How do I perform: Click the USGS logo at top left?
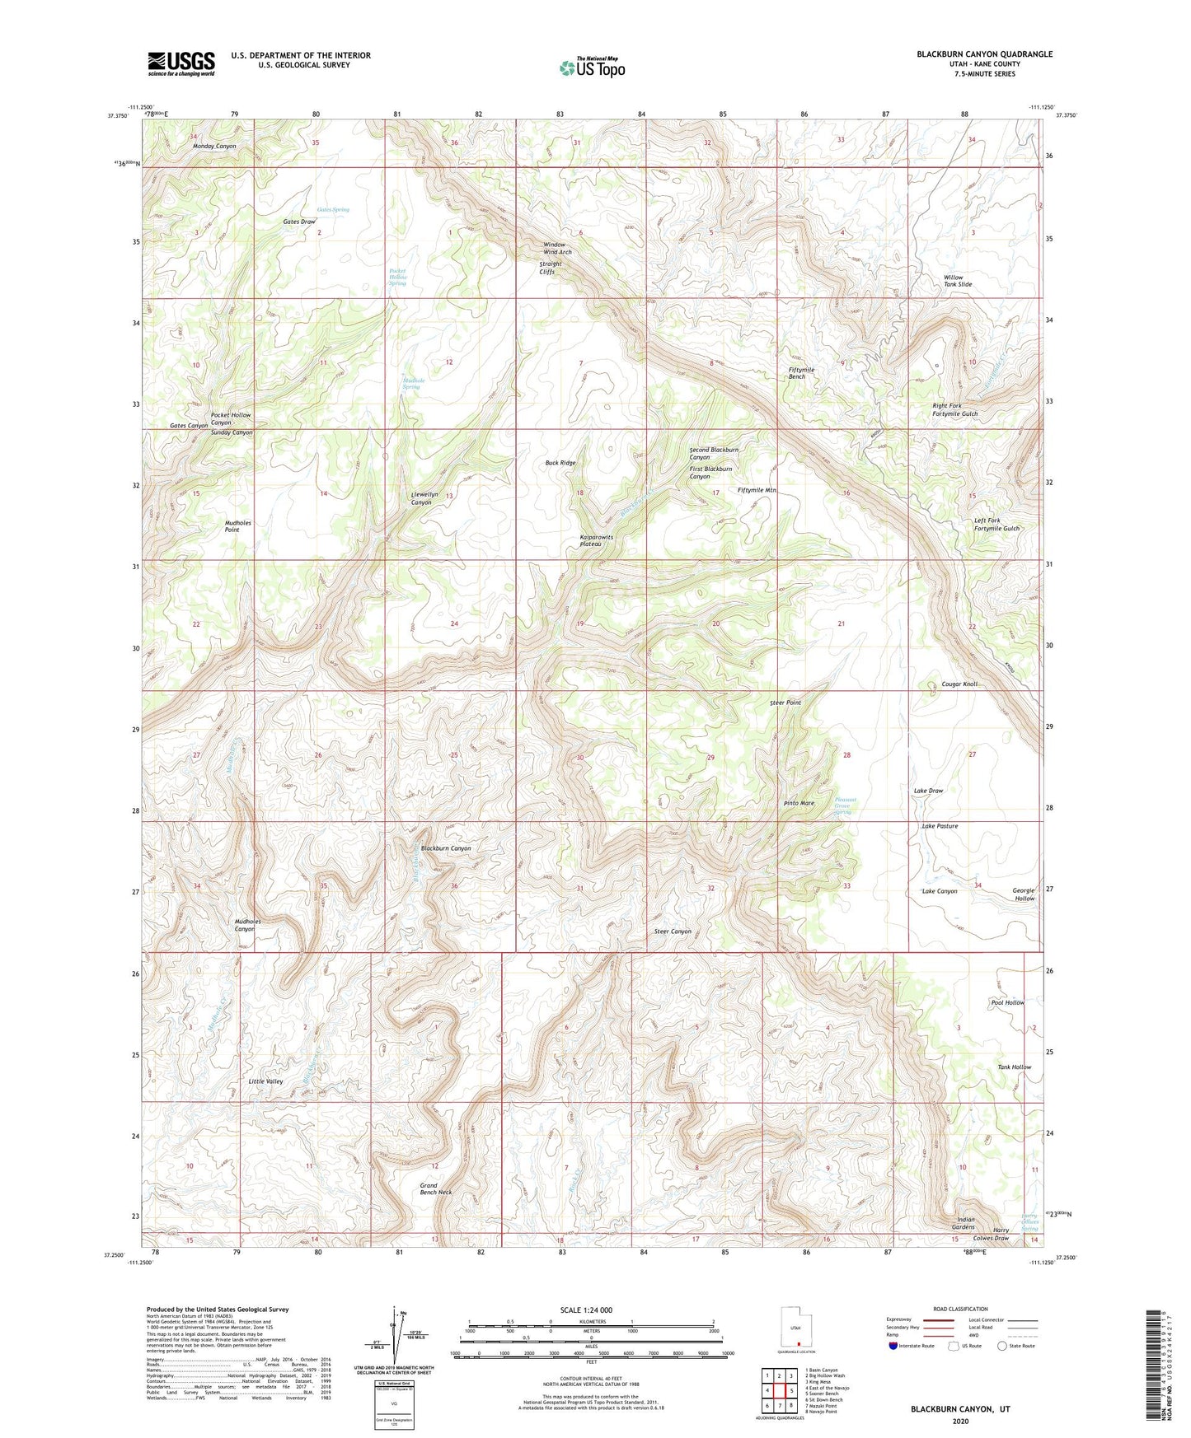click(181, 63)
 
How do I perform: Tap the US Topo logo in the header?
click(592, 67)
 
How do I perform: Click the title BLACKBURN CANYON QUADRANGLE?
click(984, 54)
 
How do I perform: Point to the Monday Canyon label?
click(214, 147)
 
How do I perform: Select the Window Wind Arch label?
click(556, 249)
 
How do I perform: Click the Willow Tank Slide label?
click(957, 281)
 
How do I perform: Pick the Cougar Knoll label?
click(959, 684)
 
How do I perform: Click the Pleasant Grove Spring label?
click(844, 805)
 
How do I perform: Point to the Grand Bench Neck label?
click(435, 1188)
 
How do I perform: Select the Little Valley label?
click(265, 1081)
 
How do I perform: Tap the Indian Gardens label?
click(965, 1223)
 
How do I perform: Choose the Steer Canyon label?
click(673, 931)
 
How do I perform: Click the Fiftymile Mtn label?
click(757, 490)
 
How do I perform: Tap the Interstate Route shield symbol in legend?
click(893, 1346)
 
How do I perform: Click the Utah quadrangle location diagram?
click(795, 1328)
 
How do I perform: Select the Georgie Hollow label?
click(1023, 894)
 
